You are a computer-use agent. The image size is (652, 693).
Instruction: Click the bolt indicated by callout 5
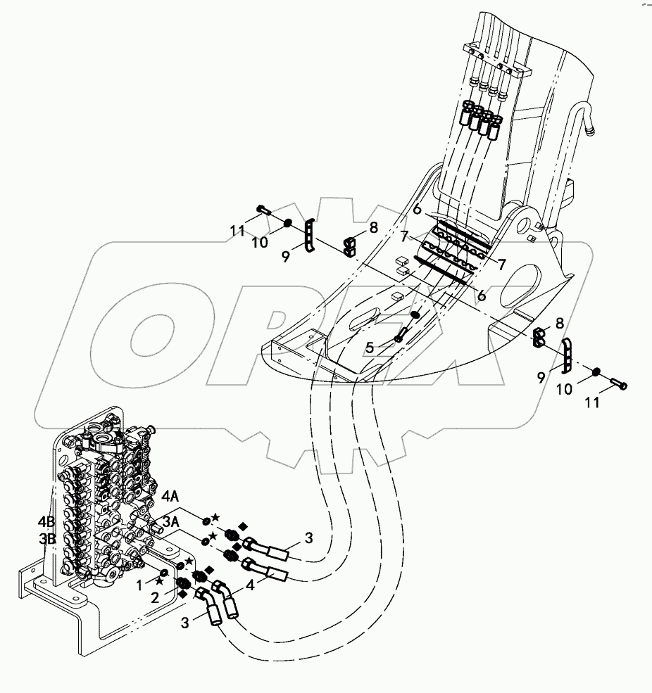tap(401, 333)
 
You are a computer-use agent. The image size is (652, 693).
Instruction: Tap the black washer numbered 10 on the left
tap(287, 224)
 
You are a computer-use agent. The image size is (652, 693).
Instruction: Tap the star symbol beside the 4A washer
tap(215, 517)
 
